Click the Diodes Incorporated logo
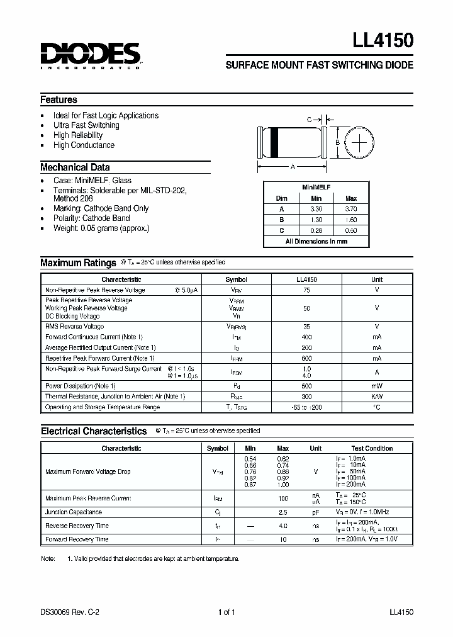pos(91,55)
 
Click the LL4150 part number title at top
pos(383,42)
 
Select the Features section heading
pos(59,100)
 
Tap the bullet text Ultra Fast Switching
pos(86,125)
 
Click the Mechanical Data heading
pos(75,167)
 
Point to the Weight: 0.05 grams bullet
pos(101,228)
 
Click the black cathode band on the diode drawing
pos(274,142)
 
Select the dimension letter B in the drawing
pos(337,142)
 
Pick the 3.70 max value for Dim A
pos(351,208)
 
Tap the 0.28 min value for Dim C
pos(316,230)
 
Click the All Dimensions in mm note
pos(316,242)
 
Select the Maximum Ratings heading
pos(78,263)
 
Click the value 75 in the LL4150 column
pos(306,290)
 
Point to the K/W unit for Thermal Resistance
pos(376,397)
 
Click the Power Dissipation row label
pos(81,386)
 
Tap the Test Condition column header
pos(372,448)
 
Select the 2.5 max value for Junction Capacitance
pos(283,512)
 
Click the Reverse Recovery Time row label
pos(77,526)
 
